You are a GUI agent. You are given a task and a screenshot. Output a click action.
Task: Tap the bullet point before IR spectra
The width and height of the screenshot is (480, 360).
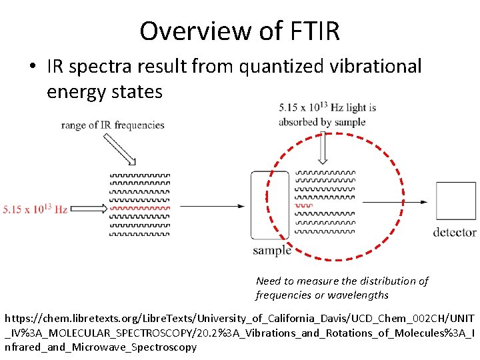(x=31, y=67)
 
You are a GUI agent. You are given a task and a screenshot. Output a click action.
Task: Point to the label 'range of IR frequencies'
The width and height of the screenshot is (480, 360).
(x=113, y=125)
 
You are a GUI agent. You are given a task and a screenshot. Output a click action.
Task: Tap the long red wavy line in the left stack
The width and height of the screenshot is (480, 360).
(x=140, y=208)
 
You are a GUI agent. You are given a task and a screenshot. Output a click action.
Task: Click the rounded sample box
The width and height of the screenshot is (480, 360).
(x=269, y=205)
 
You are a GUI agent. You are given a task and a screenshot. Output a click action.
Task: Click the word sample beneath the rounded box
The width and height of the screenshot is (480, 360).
(x=271, y=251)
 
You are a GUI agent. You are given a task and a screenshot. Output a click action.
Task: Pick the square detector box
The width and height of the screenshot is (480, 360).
(x=455, y=201)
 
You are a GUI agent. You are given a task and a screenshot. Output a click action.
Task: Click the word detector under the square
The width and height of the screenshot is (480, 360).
(x=455, y=232)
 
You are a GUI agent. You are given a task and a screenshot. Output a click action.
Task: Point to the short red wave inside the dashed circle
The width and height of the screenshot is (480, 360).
(x=304, y=206)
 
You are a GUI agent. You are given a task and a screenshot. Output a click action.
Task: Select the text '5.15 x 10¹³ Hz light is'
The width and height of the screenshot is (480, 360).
(x=327, y=107)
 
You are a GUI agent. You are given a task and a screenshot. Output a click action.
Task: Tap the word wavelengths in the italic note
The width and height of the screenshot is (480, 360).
(x=359, y=295)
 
